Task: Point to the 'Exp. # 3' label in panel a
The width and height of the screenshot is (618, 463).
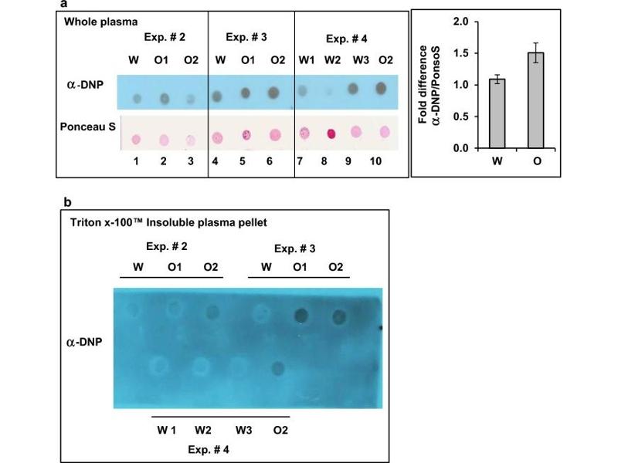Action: pos(246,36)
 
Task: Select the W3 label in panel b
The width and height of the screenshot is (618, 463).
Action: pos(244,428)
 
